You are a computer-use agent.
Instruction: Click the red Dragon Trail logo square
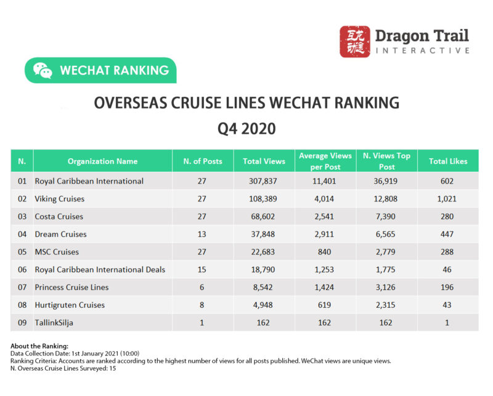tap(355, 42)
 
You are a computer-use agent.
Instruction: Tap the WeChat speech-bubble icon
tap(43, 70)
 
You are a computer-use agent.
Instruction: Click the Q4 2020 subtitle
tap(246, 129)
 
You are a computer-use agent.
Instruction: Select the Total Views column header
tap(264, 161)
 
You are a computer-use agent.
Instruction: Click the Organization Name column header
tap(102, 161)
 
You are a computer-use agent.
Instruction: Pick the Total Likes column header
tap(447, 161)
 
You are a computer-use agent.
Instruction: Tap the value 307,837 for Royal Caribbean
tap(264, 181)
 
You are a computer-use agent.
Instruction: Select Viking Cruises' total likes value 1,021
tap(447, 199)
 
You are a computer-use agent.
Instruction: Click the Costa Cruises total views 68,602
tap(264, 217)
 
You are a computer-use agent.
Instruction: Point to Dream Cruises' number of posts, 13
tap(202, 234)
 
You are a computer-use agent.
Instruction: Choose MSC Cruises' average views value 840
tap(325, 252)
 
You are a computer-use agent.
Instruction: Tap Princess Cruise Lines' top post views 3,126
tap(387, 287)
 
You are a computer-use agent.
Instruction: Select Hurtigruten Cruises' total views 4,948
tap(264, 305)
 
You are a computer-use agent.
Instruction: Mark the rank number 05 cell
tap(22, 252)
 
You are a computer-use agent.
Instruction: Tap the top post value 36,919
tap(387, 181)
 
